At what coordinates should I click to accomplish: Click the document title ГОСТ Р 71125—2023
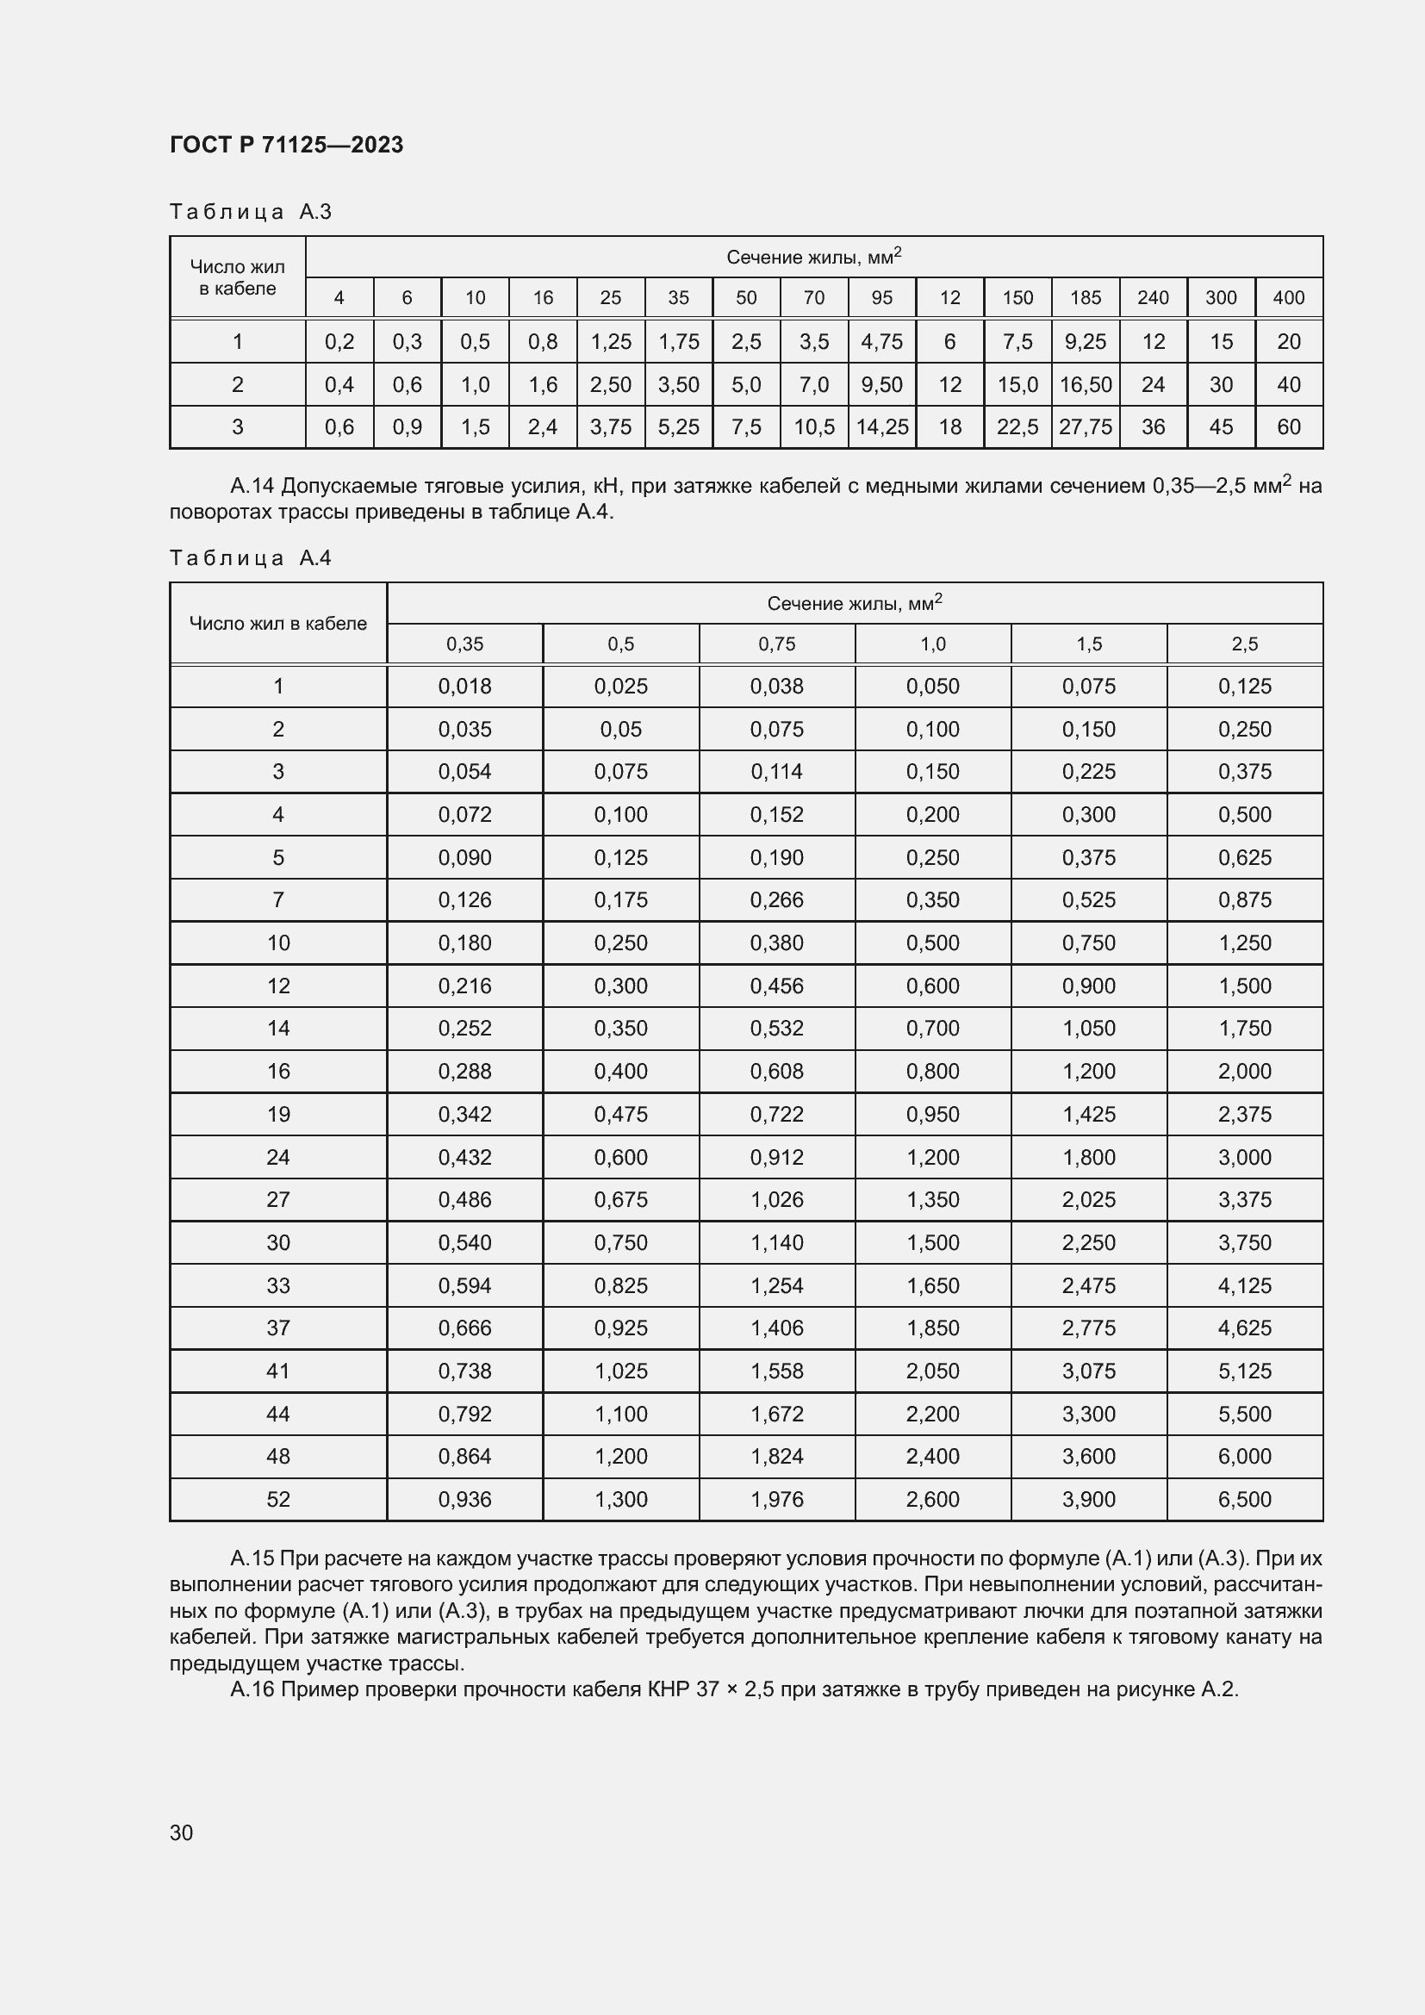(x=286, y=145)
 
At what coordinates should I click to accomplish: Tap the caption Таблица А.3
(x=250, y=212)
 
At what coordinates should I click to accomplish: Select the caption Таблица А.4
(x=250, y=558)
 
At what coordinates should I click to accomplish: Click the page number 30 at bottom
(x=182, y=1832)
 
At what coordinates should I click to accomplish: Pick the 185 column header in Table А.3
(x=1086, y=297)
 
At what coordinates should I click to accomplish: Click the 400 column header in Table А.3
(x=1288, y=297)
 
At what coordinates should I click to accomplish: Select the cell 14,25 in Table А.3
(x=882, y=427)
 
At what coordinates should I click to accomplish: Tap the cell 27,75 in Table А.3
(x=1086, y=427)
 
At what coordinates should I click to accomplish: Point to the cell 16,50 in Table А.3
(x=1086, y=384)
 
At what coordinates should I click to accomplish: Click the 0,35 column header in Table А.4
(x=465, y=644)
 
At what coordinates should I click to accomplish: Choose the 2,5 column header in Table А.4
(x=1244, y=644)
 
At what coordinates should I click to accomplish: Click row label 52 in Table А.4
(x=278, y=1500)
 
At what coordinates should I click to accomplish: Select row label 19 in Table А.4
(x=278, y=1115)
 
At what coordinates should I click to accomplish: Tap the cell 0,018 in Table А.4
(x=465, y=687)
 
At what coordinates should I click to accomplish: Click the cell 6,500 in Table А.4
(x=1244, y=1500)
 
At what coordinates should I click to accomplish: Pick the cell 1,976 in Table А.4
(x=776, y=1500)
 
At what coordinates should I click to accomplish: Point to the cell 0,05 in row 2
(x=620, y=730)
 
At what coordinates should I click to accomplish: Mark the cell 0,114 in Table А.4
(x=776, y=772)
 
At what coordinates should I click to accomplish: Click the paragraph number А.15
(x=252, y=1558)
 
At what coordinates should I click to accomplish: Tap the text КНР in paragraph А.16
(x=669, y=1689)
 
